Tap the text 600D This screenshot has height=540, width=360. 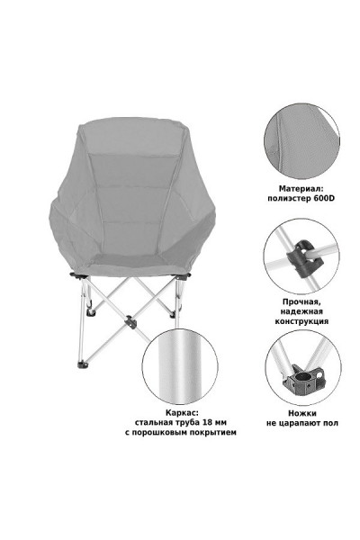[x=324, y=198]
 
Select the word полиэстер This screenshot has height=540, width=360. [x=290, y=199]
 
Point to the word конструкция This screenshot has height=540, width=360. [x=301, y=321]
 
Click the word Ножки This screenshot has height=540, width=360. [x=302, y=413]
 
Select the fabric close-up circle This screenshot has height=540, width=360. [x=302, y=141]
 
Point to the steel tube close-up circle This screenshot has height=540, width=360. [x=180, y=366]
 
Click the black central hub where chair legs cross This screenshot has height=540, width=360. [x=130, y=322]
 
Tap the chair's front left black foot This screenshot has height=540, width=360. [x=82, y=364]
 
